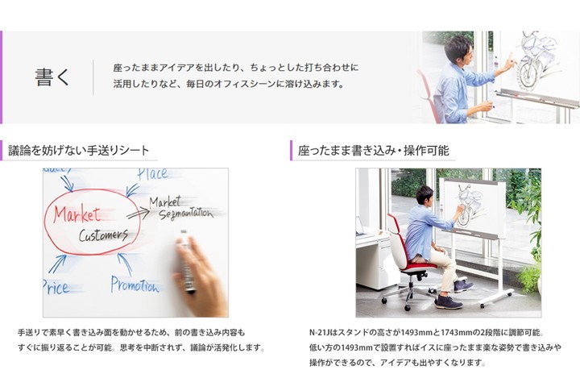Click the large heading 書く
click(52, 77)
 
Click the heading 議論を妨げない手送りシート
click(79, 151)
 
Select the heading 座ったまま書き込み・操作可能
click(373, 151)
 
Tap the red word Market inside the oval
click(77, 214)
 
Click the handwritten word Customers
click(104, 235)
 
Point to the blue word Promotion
click(135, 285)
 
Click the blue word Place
click(152, 174)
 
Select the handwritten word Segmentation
click(186, 214)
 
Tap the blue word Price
click(56, 287)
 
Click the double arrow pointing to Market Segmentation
click(138, 214)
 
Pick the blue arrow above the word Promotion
click(125, 264)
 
